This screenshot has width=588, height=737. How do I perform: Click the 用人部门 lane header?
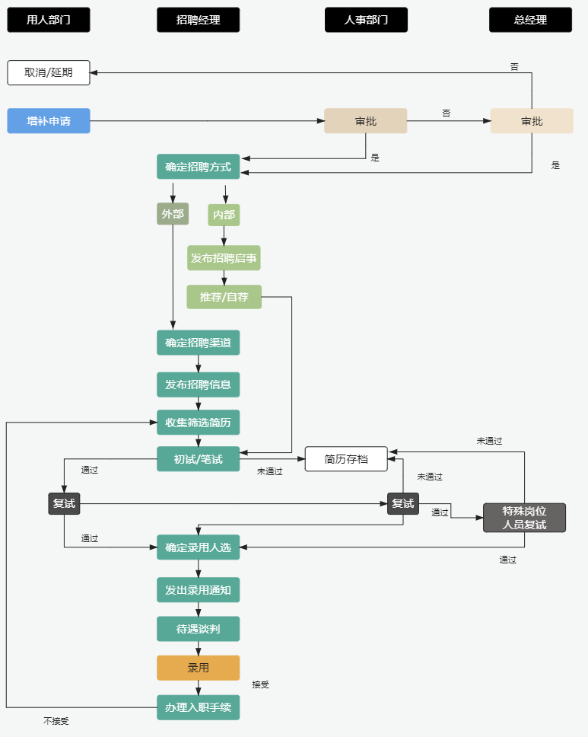tap(49, 20)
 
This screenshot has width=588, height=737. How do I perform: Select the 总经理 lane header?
tap(530, 20)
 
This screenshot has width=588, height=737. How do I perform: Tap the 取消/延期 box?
tap(49, 72)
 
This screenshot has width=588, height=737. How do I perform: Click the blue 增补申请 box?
tap(49, 121)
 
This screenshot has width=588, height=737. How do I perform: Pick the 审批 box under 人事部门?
tap(365, 121)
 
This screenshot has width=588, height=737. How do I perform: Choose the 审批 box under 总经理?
tap(531, 121)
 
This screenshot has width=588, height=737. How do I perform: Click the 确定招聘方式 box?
tap(198, 167)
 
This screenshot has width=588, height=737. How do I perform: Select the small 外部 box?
tap(173, 215)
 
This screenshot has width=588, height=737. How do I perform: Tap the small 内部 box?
tap(224, 215)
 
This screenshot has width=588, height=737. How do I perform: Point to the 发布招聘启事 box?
tap(224, 258)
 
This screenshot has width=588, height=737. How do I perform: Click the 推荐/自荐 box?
tap(224, 297)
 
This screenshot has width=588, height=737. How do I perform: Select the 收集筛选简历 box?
tap(198, 422)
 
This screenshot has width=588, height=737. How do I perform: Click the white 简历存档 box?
tap(346, 459)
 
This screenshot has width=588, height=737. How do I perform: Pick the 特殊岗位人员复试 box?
tap(524, 517)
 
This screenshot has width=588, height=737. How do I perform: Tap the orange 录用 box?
tap(198, 668)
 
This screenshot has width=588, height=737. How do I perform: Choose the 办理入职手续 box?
tap(198, 707)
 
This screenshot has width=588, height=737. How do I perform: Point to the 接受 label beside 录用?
tap(260, 684)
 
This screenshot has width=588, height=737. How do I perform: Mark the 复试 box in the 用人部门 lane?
tap(64, 503)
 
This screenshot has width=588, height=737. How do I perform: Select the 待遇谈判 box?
tap(198, 629)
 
